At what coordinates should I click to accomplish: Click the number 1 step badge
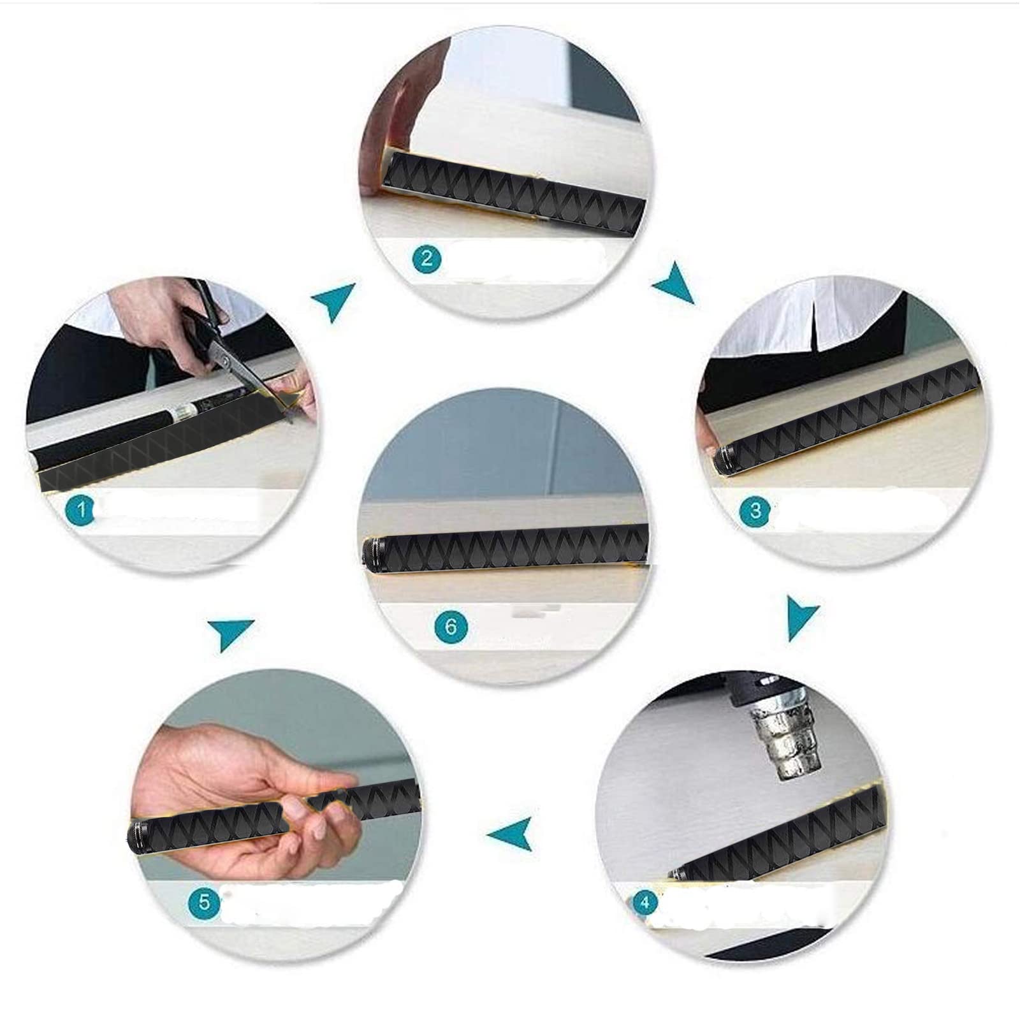(80, 510)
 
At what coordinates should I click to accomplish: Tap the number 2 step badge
(426, 258)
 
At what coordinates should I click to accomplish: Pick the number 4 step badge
(645, 903)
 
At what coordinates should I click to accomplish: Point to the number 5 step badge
(204, 902)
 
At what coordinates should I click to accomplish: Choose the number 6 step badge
(451, 627)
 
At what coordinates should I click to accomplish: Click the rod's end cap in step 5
(138, 831)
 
